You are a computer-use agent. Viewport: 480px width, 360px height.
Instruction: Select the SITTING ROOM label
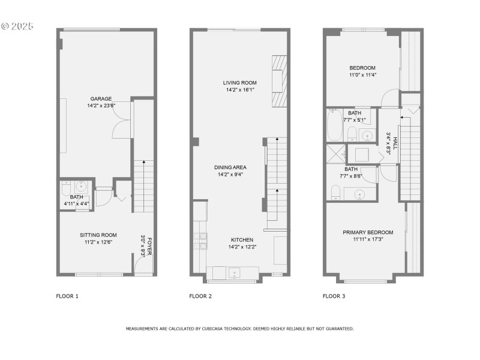point(98,235)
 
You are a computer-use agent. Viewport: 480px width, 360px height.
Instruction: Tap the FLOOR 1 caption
point(67,296)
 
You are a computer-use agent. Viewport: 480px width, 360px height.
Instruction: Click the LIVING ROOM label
point(240,83)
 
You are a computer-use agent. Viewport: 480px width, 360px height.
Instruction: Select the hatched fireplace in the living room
point(280,81)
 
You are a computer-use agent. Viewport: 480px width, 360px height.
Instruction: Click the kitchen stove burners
point(200,240)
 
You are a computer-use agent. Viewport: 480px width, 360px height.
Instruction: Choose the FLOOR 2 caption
point(200,296)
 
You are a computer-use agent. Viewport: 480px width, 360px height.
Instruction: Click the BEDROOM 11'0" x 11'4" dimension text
point(362,75)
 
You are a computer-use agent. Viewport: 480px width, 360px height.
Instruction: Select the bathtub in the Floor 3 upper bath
point(334,124)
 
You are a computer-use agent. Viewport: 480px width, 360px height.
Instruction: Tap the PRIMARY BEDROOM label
point(368,232)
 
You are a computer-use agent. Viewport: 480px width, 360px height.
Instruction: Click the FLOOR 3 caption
point(334,296)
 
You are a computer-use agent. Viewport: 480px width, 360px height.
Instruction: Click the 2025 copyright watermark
point(18,26)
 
